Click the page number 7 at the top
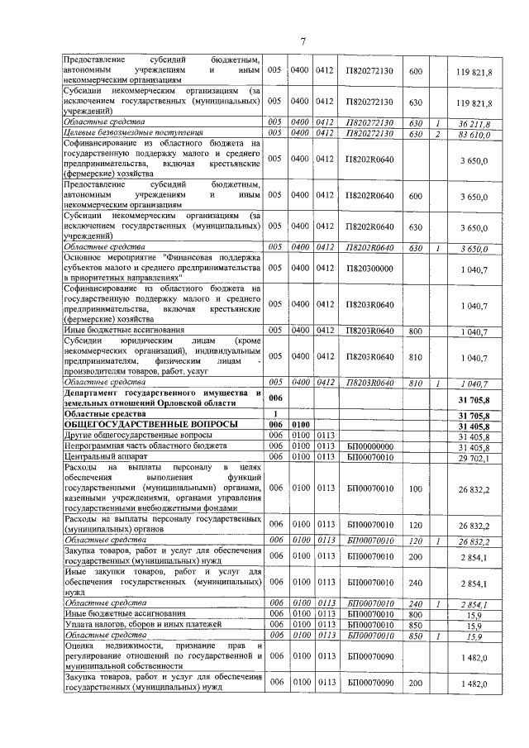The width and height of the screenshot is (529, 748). click(303, 42)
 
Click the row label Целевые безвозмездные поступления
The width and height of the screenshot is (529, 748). click(134, 132)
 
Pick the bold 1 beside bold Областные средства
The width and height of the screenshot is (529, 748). click(274, 412)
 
